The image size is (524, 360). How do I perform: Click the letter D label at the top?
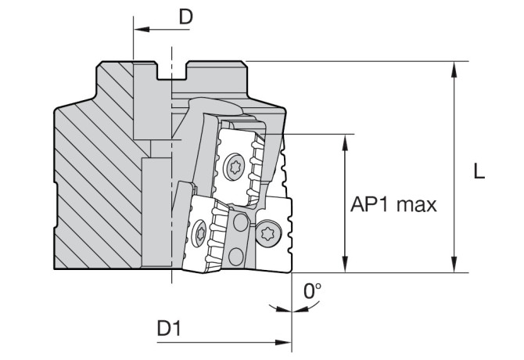coord(185,16)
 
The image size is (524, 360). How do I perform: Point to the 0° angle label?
coord(313,292)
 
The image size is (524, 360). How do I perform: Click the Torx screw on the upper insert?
coord(233,166)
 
